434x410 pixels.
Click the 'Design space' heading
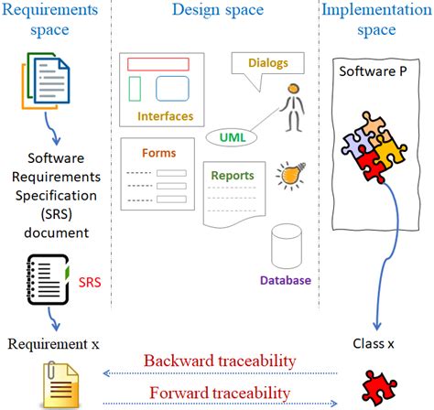coord(216,12)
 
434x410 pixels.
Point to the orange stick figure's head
coord(291,91)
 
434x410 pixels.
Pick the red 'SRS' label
coord(89,283)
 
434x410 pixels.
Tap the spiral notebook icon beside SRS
coord(46,281)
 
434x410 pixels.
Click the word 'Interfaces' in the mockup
coord(165,116)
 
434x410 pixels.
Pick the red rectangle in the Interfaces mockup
coord(157,65)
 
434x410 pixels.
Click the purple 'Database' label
coord(285,281)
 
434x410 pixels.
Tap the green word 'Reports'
coord(233,175)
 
